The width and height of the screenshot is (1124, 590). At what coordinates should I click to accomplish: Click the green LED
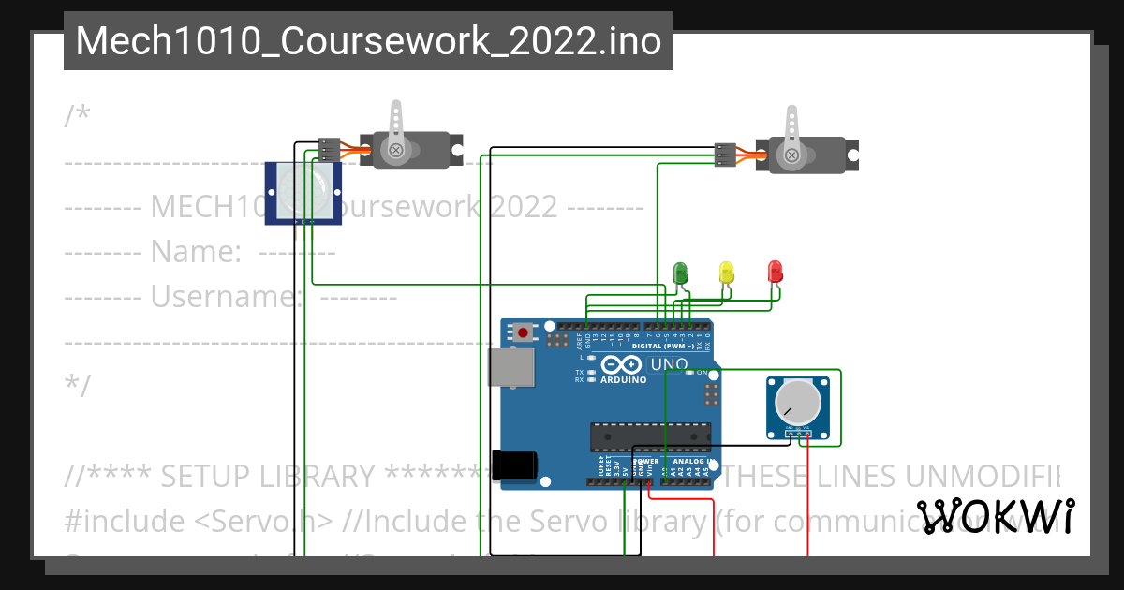click(x=681, y=273)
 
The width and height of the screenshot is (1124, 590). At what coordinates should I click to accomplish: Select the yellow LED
click(x=727, y=273)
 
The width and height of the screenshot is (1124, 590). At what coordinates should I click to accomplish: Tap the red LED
click(x=775, y=272)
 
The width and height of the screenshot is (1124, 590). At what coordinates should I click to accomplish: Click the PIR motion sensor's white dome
click(x=303, y=190)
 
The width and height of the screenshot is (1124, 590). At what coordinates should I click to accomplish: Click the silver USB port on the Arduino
click(x=510, y=367)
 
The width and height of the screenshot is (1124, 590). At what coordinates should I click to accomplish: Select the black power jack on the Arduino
click(x=515, y=465)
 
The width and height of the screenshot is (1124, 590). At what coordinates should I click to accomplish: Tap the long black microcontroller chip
click(x=650, y=436)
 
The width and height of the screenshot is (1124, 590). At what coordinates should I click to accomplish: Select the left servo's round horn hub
click(x=397, y=149)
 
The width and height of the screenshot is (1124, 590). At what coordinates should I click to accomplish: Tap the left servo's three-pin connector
click(x=329, y=149)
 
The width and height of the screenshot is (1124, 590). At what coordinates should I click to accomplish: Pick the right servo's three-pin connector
click(x=725, y=155)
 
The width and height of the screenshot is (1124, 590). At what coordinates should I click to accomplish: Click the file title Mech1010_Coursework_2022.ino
click(x=368, y=41)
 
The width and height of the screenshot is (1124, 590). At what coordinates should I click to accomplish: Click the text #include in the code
click(x=117, y=521)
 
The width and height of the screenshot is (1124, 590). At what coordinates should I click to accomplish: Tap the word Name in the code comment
click(x=194, y=252)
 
